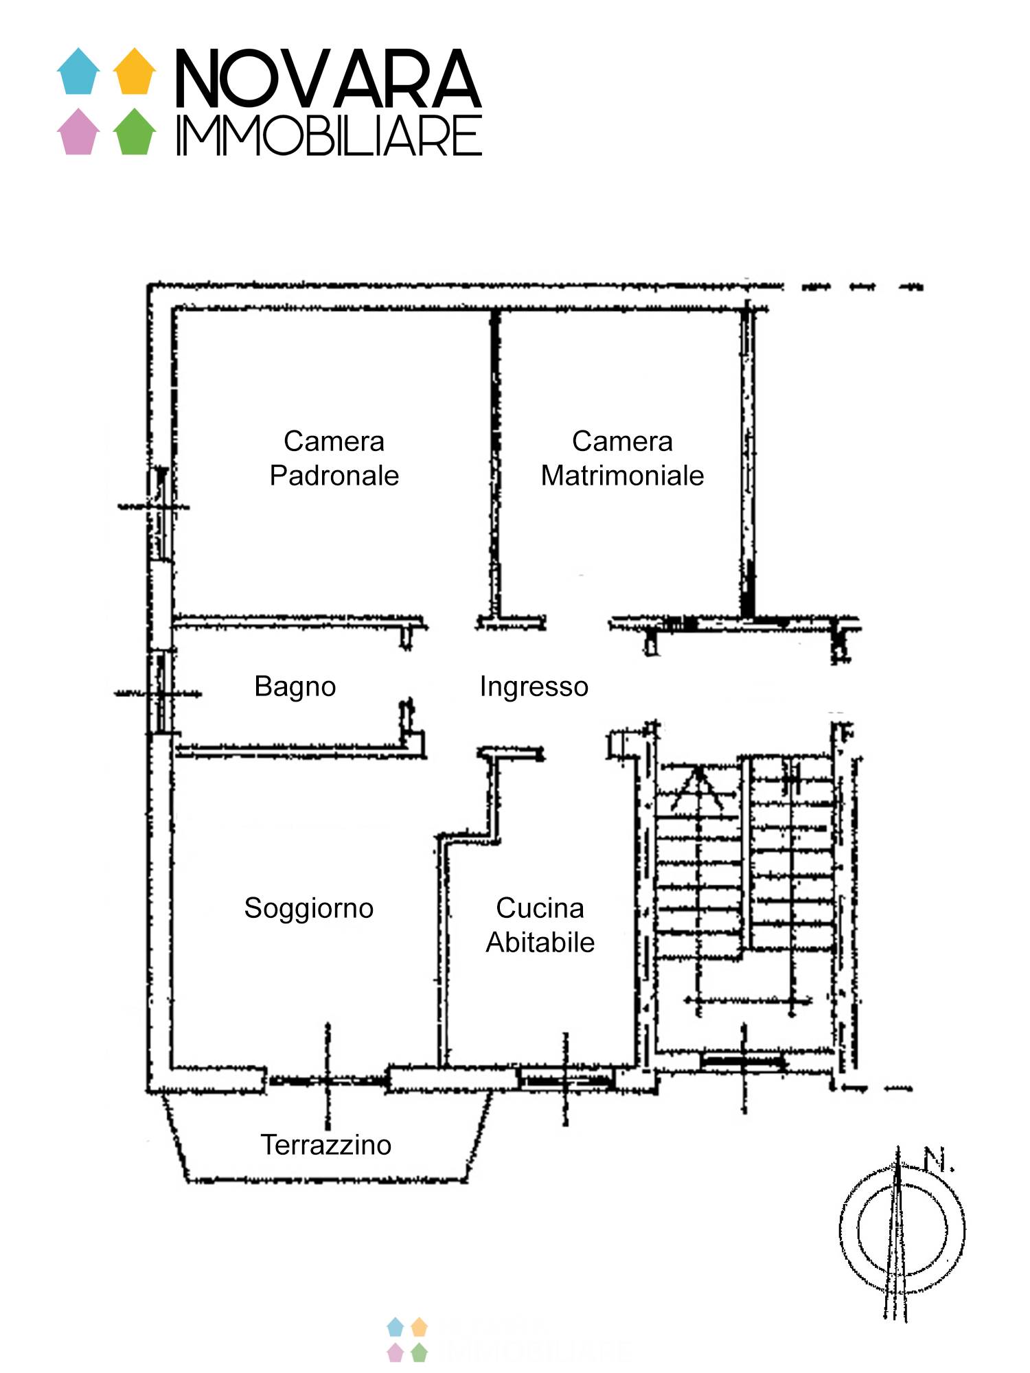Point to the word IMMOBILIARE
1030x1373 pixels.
click(330, 136)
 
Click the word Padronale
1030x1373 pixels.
click(334, 476)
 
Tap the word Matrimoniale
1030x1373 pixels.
click(622, 476)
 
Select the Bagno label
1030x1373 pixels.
click(295, 686)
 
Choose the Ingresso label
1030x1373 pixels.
click(534, 686)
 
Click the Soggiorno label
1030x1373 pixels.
click(309, 908)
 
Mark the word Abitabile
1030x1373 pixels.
click(540, 943)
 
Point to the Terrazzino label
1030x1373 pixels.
click(325, 1145)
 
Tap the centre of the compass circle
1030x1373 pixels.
click(902, 1229)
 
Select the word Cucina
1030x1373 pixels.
click(540, 908)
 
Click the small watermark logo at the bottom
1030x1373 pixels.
click(407, 1339)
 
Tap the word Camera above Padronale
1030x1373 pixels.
click(334, 441)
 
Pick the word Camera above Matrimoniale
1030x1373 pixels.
click(622, 441)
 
